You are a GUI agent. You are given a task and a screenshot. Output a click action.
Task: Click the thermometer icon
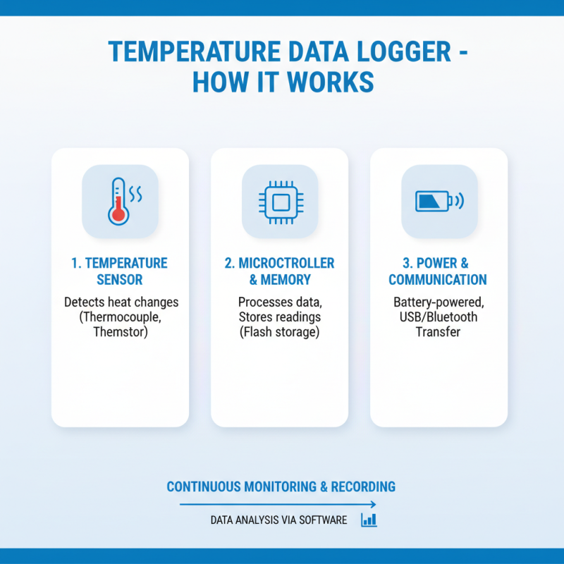click(118, 201)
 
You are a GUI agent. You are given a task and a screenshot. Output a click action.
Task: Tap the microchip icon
click(280, 202)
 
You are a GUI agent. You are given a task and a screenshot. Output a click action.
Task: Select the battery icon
click(431, 202)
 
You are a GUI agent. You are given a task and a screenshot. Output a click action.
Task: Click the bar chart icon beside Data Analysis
click(369, 520)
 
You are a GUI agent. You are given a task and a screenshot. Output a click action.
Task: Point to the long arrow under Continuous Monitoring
click(278, 504)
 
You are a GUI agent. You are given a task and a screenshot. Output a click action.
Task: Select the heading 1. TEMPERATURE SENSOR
click(120, 271)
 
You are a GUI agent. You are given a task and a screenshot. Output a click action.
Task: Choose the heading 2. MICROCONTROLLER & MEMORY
click(280, 271)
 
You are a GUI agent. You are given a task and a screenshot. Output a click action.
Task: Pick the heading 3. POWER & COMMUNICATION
click(438, 271)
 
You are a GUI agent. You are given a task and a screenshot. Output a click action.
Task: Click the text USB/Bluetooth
click(438, 317)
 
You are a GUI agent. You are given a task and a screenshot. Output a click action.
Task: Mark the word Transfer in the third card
click(438, 331)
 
